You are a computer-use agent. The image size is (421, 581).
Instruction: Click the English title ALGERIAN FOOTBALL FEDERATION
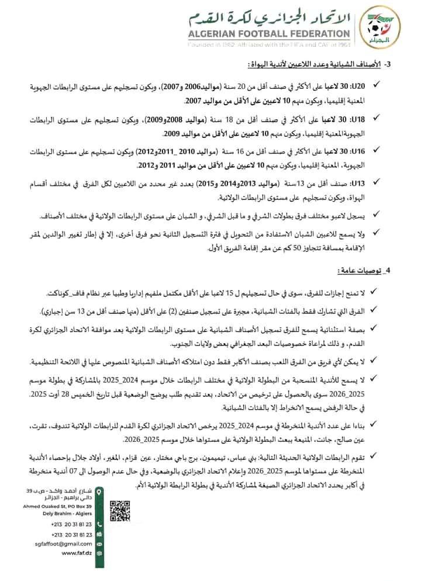point(268,34)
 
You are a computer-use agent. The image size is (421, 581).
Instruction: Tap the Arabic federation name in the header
point(268,16)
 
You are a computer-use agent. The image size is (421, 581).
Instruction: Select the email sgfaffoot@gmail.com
point(63,543)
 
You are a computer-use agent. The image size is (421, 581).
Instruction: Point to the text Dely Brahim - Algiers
point(65,511)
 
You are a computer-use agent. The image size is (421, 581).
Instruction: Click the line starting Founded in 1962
point(268,44)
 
